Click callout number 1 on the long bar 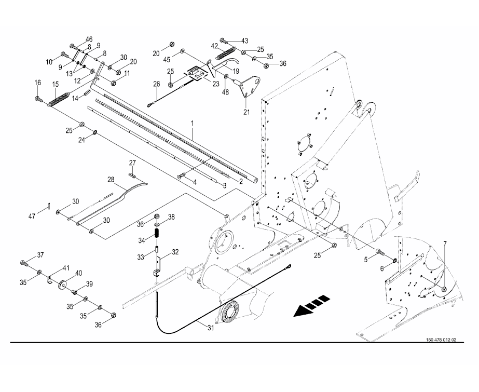[192, 124]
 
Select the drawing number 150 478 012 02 [441, 341]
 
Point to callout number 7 [444, 244]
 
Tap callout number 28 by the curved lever [111, 179]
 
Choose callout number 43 [244, 40]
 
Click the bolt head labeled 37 [24, 262]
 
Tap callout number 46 [89, 39]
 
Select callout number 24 [81, 140]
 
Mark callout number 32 [175, 252]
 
